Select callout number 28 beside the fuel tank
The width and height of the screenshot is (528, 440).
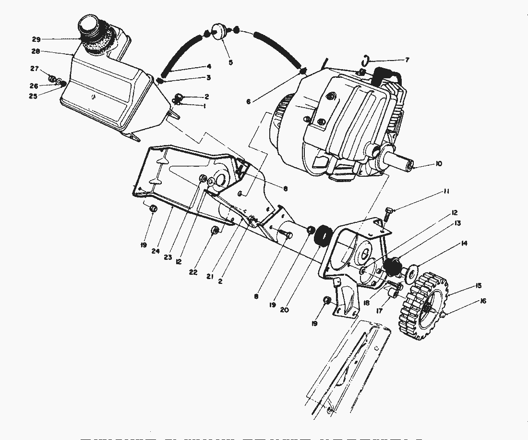click(36, 51)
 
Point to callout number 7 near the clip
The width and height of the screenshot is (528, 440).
click(407, 60)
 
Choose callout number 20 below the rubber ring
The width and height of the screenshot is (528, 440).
click(284, 310)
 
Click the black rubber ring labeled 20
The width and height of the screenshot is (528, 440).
click(322, 235)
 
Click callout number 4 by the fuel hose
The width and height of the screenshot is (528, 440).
click(209, 66)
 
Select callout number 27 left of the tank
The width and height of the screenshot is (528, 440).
click(35, 68)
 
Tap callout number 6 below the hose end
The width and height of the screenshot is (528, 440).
click(249, 101)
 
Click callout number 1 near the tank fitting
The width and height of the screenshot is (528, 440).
click(204, 106)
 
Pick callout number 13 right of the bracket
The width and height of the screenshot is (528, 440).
click(457, 223)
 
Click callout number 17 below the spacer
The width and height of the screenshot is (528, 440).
click(379, 311)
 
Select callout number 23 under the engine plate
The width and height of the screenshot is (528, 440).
click(168, 257)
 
